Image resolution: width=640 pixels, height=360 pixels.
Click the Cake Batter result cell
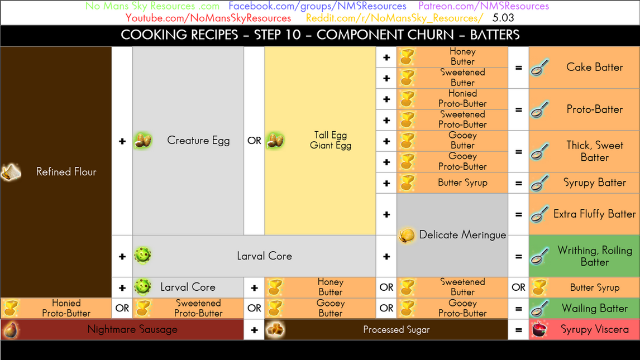pyautogui.click(x=584, y=68)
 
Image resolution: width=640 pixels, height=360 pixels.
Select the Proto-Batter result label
pyautogui.click(x=594, y=109)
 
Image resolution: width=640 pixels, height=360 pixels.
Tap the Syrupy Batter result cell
pyautogui.click(x=584, y=183)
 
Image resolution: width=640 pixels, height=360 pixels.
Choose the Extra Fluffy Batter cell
pyautogui.click(x=584, y=214)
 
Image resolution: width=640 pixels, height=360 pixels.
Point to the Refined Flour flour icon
pyautogui.click(x=11, y=172)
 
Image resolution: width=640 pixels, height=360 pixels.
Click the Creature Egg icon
pyautogui.click(x=143, y=141)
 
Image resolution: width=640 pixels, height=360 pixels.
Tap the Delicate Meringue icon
pyautogui.click(x=407, y=236)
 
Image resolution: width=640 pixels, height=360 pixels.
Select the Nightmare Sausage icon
pyautogui.click(x=11, y=329)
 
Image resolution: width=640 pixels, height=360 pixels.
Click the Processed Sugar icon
pyautogui.click(x=275, y=329)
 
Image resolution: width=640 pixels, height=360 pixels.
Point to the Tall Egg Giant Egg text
pyautogui.click(x=331, y=141)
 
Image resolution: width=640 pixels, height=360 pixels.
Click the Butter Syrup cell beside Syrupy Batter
pyautogui.click(x=452, y=183)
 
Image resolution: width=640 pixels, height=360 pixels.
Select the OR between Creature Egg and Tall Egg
pyautogui.click(x=254, y=141)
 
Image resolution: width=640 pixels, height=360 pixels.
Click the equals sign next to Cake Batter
pyautogui.click(x=518, y=68)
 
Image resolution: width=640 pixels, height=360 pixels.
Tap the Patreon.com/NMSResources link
pyautogui.click(x=484, y=6)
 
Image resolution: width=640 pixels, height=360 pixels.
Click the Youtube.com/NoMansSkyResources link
pyautogui.click(x=208, y=18)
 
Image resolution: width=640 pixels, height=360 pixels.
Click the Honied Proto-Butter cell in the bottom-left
pyautogui.click(x=56, y=308)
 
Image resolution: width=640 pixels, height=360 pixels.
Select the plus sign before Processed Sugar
pyautogui.click(x=254, y=330)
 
